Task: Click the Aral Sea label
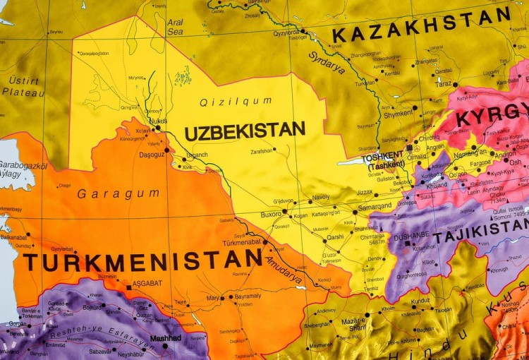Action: pyautogui.click(x=176, y=27)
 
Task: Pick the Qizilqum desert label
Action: pyautogui.click(x=236, y=102)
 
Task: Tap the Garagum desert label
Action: pyautogui.click(x=109, y=193)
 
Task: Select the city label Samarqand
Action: pyautogui.click(x=374, y=206)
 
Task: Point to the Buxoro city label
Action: pyautogui.click(x=271, y=213)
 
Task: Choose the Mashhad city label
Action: pyautogui.click(x=166, y=338)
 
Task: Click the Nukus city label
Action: pyautogui.click(x=158, y=121)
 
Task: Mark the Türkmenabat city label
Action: pyautogui.click(x=242, y=242)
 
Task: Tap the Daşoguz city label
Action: pyautogui.click(x=151, y=154)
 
